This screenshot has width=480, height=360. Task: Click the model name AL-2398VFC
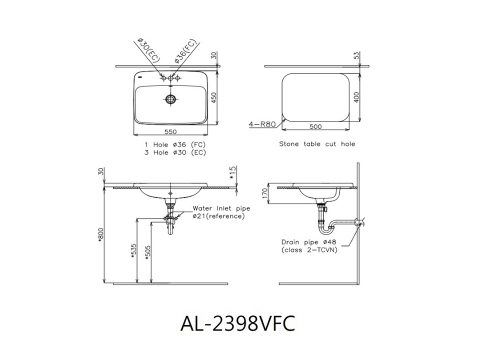coord(238,323)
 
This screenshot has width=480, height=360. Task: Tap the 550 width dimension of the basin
coord(171,132)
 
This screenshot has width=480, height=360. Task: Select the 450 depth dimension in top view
coord(214,97)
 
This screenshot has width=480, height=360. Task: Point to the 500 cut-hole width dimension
coord(316,127)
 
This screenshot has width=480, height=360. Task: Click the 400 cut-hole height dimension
coord(357,97)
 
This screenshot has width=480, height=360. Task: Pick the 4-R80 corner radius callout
coord(262,124)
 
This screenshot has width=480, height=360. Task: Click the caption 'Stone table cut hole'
coord(317,144)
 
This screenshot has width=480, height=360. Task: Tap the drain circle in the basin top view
coord(171,98)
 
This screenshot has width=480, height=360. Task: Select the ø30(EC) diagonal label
coord(149,51)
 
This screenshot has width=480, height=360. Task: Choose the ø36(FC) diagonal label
coord(186,51)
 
